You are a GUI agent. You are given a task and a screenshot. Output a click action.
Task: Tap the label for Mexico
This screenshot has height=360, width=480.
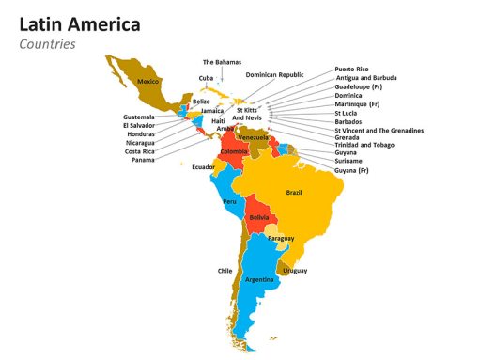[147, 82]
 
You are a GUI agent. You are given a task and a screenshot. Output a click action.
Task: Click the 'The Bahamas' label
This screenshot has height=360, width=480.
[222, 62]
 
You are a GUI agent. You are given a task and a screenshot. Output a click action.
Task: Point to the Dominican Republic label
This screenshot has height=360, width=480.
[274, 74]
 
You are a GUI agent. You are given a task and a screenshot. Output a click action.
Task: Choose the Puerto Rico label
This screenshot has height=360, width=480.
[351, 70]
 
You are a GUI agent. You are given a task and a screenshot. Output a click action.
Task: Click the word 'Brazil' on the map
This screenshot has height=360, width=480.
[294, 192]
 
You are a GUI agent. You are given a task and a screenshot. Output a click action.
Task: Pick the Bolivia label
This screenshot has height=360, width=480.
[259, 217]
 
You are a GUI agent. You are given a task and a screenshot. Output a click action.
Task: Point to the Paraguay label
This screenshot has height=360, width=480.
[281, 239]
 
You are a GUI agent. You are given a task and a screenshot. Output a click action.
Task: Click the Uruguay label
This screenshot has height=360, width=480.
[295, 271]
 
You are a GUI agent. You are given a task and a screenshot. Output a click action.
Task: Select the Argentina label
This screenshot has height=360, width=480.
[259, 279]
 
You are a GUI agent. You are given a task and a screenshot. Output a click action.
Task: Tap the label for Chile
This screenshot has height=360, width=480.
[225, 271]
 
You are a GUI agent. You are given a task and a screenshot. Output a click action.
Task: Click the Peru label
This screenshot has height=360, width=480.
[230, 201]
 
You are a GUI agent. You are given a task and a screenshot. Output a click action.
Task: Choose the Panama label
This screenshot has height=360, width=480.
[143, 160]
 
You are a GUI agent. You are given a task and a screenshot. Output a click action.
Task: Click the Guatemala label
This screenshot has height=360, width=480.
[139, 117]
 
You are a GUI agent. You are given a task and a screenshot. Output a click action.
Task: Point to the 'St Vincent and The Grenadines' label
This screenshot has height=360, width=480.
[379, 130]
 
